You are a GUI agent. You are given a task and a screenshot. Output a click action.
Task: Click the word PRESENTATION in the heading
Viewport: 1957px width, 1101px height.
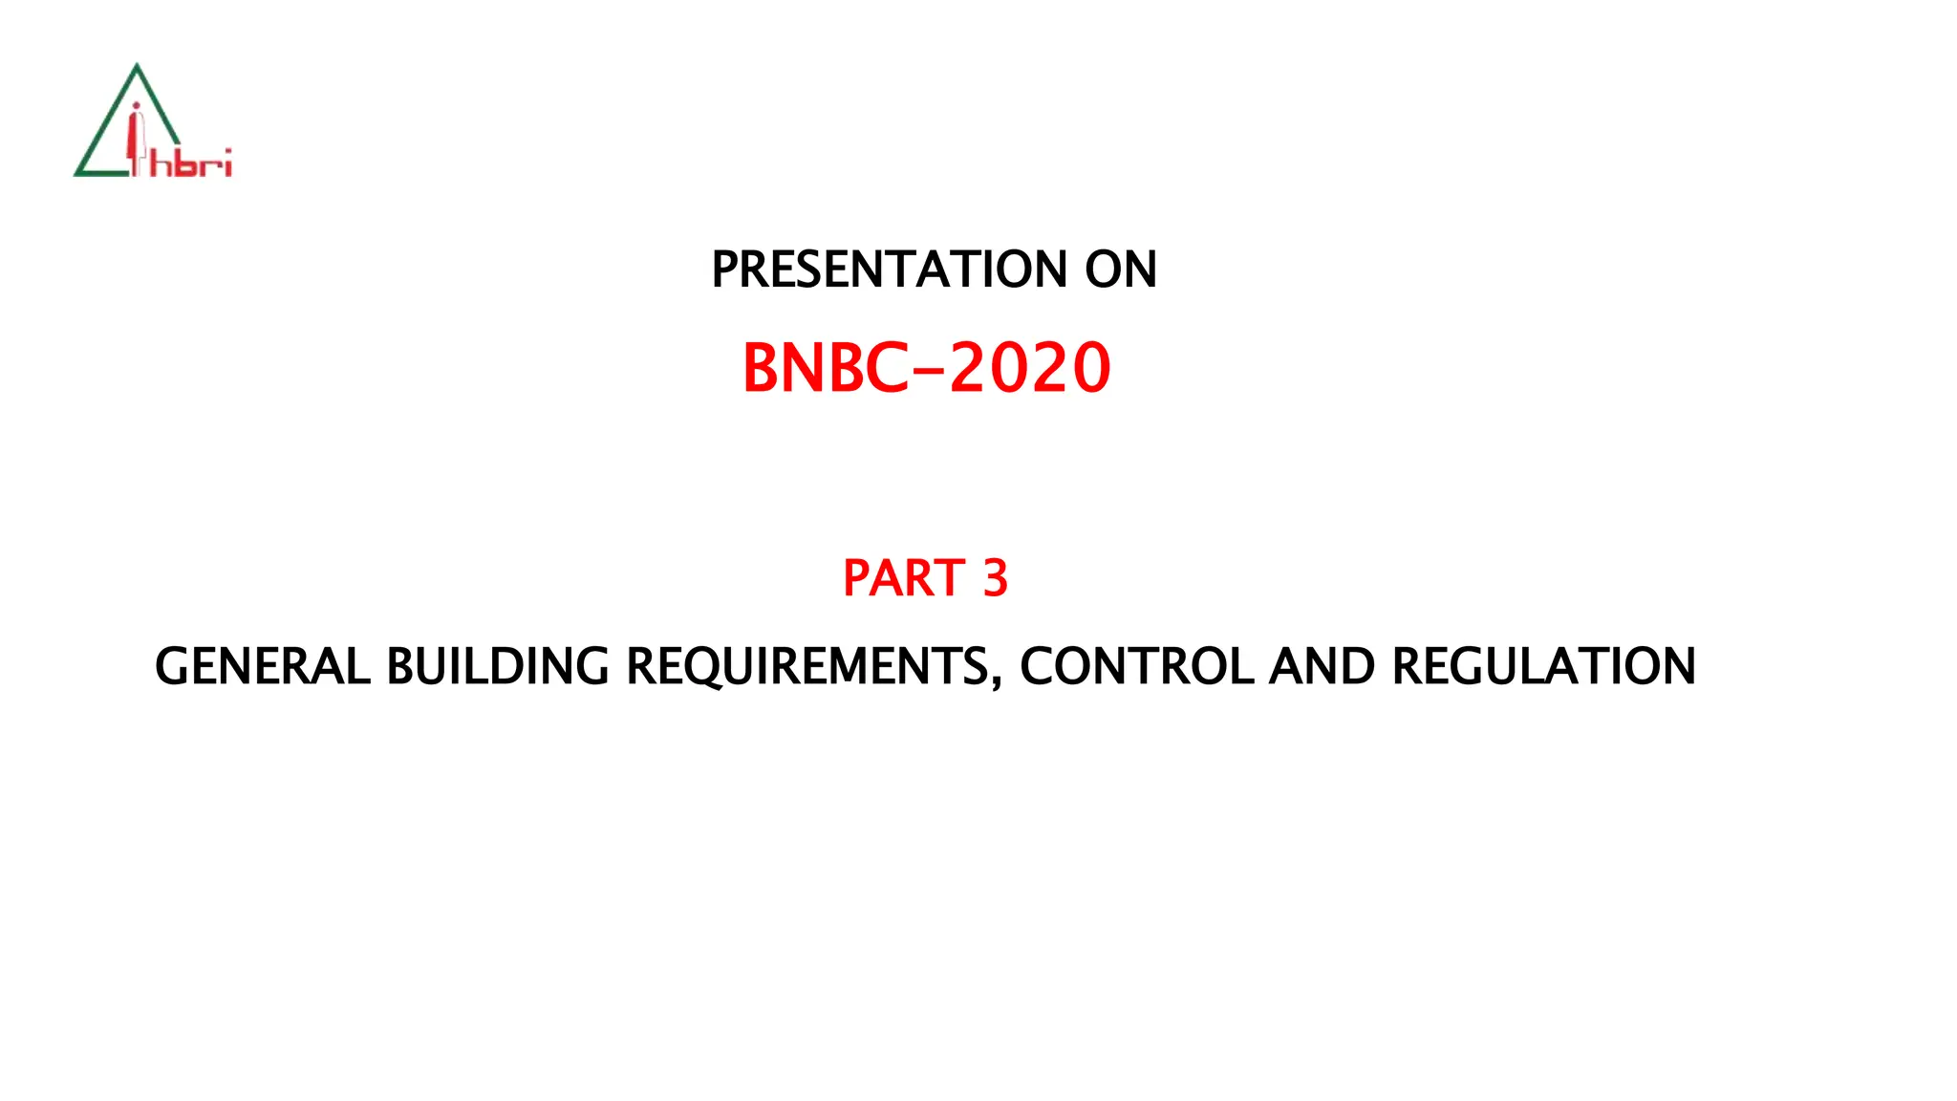pyautogui.click(x=890, y=270)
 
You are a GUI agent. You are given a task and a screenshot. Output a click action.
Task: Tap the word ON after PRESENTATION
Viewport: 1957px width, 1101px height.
pyautogui.click(x=1120, y=270)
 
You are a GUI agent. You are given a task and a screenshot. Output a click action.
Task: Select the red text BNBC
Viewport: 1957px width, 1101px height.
pyautogui.click(x=825, y=369)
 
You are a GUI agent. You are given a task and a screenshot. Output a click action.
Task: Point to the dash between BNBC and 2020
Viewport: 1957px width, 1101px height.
pyautogui.click(x=929, y=371)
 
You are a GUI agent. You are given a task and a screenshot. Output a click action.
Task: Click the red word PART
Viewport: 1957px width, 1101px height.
pyautogui.click(x=903, y=578)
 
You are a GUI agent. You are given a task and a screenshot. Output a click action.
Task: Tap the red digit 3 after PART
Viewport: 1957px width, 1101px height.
pyautogui.click(x=995, y=578)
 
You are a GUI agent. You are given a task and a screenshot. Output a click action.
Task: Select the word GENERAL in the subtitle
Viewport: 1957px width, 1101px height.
pyautogui.click(x=262, y=666)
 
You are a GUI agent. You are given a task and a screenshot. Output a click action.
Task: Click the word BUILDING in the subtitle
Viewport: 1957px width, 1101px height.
pyautogui.click(x=497, y=666)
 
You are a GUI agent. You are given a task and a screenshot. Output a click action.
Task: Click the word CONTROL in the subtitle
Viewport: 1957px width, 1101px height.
pyautogui.click(x=1136, y=666)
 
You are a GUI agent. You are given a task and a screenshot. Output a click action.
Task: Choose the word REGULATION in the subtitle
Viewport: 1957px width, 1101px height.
pyautogui.click(x=1543, y=666)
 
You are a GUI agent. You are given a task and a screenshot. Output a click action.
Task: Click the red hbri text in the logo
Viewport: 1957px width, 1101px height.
pyautogui.click(x=191, y=164)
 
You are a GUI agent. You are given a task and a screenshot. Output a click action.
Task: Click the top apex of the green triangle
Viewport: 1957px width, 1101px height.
pyautogui.click(x=138, y=66)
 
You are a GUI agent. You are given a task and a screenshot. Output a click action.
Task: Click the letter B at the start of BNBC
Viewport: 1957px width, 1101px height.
pyautogui.click(x=762, y=369)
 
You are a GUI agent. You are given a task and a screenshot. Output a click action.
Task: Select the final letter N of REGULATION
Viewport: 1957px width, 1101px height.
pyautogui.click(x=1677, y=666)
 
